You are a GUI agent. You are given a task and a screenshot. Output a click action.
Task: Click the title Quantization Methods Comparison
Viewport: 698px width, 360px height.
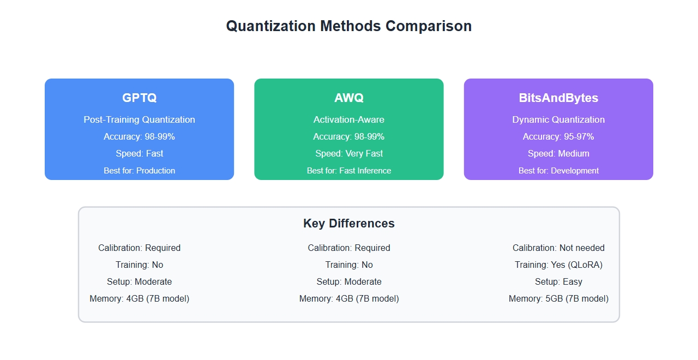(349, 26)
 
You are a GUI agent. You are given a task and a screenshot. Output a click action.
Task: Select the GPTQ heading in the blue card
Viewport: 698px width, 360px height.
(139, 98)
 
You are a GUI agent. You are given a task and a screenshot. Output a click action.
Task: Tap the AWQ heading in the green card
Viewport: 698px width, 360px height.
(349, 98)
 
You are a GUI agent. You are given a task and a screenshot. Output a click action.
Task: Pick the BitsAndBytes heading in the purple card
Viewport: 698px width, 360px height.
(558, 98)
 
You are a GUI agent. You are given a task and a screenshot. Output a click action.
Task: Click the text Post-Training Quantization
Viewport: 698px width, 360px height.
(139, 119)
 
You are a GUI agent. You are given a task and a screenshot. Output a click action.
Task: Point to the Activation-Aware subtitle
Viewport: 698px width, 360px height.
(349, 119)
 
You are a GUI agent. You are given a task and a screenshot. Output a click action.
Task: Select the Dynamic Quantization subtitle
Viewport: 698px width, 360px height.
(558, 119)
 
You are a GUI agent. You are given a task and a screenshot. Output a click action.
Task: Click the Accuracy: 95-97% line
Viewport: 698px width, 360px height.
(558, 136)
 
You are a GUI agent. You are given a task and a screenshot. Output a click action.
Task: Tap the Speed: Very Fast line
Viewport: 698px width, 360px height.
(349, 153)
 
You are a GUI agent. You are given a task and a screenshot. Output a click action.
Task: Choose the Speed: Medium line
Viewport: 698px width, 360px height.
(558, 153)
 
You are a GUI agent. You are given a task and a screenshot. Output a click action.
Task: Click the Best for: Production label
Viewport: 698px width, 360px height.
(139, 171)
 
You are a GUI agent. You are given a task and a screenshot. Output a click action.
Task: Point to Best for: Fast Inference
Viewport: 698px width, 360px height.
(349, 171)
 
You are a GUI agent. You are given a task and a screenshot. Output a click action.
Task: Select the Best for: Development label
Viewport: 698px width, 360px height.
(558, 171)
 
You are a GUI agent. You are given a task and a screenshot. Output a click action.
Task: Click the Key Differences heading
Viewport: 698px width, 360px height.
(349, 224)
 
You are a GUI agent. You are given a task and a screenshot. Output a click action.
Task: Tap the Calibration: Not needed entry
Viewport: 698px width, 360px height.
(558, 248)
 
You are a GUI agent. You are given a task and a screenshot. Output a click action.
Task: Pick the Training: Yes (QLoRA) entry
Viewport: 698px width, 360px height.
(558, 265)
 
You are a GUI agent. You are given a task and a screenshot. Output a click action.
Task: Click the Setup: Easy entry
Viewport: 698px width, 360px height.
(558, 281)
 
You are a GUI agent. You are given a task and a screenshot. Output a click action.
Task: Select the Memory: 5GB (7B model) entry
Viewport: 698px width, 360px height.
(558, 298)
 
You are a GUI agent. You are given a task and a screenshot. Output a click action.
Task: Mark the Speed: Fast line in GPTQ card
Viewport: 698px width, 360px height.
(139, 153)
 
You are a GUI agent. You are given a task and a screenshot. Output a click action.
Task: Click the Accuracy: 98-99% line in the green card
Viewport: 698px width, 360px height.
(349, 136)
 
